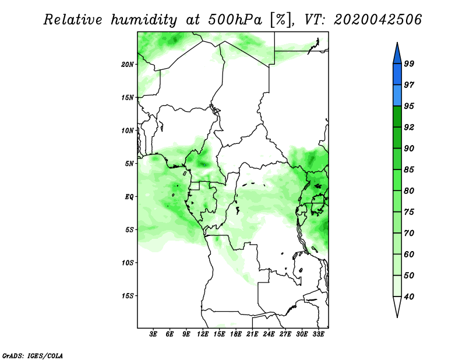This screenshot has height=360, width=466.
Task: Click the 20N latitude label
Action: (128, 65)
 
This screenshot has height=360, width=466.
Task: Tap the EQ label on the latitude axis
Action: (129, 197)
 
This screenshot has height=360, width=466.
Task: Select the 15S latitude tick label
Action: (128, 296)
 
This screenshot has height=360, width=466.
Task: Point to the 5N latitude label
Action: (129, 164)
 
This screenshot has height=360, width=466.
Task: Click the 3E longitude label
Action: (153, 334)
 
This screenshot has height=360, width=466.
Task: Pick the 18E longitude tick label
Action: (236, 334)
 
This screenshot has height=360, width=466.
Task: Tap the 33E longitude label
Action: (318, 334)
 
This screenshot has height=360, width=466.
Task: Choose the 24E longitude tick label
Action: (269, 334)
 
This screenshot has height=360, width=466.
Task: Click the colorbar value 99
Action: (409, 63)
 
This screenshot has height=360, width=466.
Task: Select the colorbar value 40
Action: (409, 297)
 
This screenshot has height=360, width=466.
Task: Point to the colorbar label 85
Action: (409, 170)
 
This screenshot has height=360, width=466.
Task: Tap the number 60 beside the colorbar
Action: (409, 254)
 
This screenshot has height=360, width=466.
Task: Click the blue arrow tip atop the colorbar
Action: (397, 43)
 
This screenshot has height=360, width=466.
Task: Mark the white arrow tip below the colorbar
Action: (397, 317)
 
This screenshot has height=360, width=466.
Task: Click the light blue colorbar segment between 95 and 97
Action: (397, 96)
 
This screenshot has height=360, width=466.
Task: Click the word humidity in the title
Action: (144, 20)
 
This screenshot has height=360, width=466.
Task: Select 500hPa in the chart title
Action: (235, 20)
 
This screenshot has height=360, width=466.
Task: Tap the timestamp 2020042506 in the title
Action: (377, 20)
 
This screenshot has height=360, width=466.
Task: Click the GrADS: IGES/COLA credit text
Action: (33, 355)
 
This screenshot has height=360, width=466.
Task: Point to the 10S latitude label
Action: (128, 263)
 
